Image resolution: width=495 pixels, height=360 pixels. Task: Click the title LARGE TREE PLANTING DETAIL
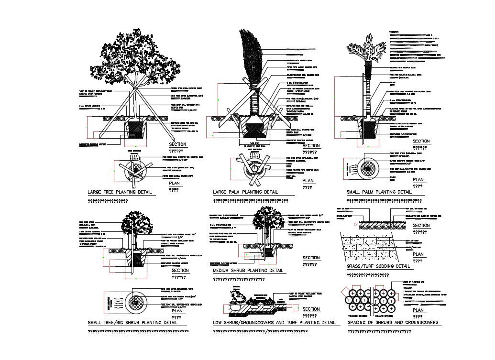120,192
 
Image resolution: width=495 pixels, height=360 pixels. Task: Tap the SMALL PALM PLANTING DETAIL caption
379,192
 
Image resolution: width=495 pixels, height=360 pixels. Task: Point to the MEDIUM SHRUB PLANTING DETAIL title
248,271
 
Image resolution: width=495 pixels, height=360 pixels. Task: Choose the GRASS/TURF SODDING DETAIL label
378,266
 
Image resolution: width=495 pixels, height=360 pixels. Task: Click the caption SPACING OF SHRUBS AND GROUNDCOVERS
393,322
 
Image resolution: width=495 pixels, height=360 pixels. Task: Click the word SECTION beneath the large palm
311,146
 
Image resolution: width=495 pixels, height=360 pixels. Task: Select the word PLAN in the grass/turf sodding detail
418,254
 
